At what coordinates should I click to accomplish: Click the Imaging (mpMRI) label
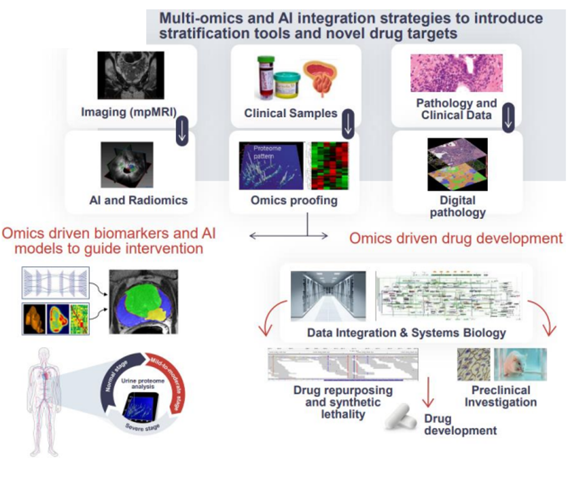[x=128, y=113]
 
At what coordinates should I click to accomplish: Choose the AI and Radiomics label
[x=138, y=200]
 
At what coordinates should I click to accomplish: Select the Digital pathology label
[x=457, y=206]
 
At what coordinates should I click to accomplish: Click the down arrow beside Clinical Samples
[x=348, y=124]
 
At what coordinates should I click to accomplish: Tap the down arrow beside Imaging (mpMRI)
[x=182, y=131]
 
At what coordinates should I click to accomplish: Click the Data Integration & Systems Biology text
[x=406, y=332]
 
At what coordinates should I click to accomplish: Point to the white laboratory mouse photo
[x=520, y=364]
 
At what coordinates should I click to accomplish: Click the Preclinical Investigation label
[x=500, y=396]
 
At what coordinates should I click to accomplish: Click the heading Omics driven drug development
[x=456, y=238]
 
